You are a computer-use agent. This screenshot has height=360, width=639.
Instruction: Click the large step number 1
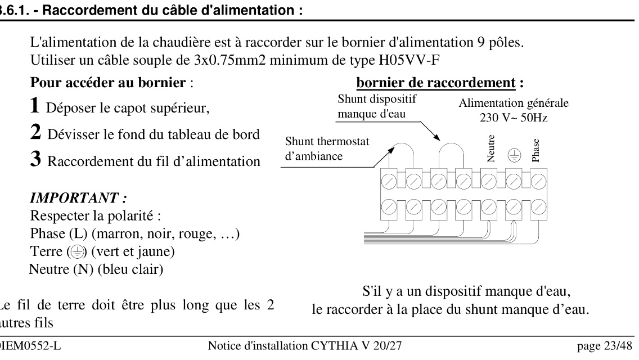(x=35, y=105)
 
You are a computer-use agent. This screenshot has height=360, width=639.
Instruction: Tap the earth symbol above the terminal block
(x=514, y=157)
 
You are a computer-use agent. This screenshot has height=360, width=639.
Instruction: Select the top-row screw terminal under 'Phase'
(x=539, y=181)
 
